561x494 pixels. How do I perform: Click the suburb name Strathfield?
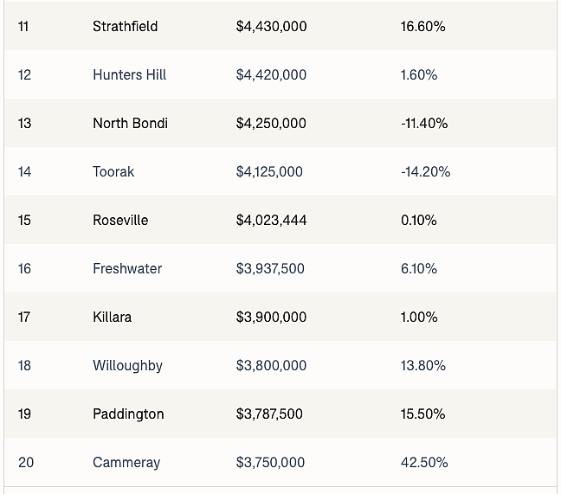(126, 27)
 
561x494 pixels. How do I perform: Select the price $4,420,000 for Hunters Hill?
(271, 75)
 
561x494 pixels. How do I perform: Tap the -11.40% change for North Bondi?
(424, 124)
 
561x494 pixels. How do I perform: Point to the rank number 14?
(25, 172)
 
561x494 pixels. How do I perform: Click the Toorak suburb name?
(113, 172)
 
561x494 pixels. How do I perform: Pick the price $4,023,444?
(271, 221)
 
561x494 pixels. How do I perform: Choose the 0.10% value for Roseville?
(419, 221)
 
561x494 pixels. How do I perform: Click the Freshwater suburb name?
(127, 269)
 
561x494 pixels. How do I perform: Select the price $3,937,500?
(270, 269)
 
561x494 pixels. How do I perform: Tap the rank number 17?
(24, 317)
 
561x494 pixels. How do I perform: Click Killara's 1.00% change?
(419, 317)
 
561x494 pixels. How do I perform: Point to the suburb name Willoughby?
(128, 366)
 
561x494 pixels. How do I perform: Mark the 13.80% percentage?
(423, 366)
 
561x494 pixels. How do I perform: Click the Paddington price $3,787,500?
(269, 414)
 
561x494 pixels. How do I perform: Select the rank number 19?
(25, 414)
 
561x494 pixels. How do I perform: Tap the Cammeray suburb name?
(126, 463)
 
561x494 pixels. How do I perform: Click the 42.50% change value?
(424, 463)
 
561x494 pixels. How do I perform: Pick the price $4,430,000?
(271, 27)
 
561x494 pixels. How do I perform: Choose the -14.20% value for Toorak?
(426, 172)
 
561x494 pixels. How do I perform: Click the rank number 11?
(23, 27)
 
